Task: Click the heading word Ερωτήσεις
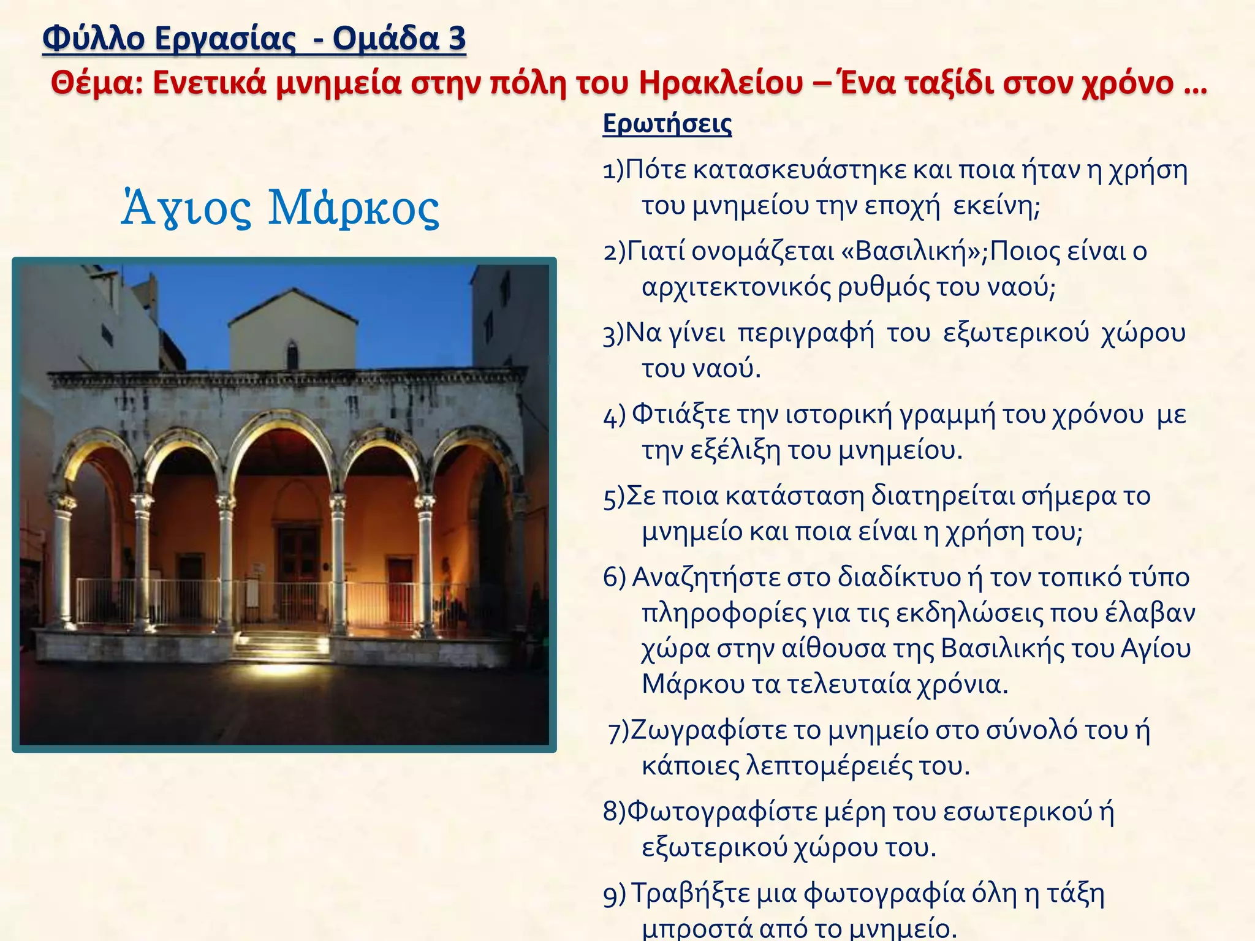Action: point(667,124)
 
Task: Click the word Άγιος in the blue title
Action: point(186,208)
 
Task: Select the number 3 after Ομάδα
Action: point(457,38)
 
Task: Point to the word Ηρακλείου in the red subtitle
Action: point(720,83)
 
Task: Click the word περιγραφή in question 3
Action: point(805,333)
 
